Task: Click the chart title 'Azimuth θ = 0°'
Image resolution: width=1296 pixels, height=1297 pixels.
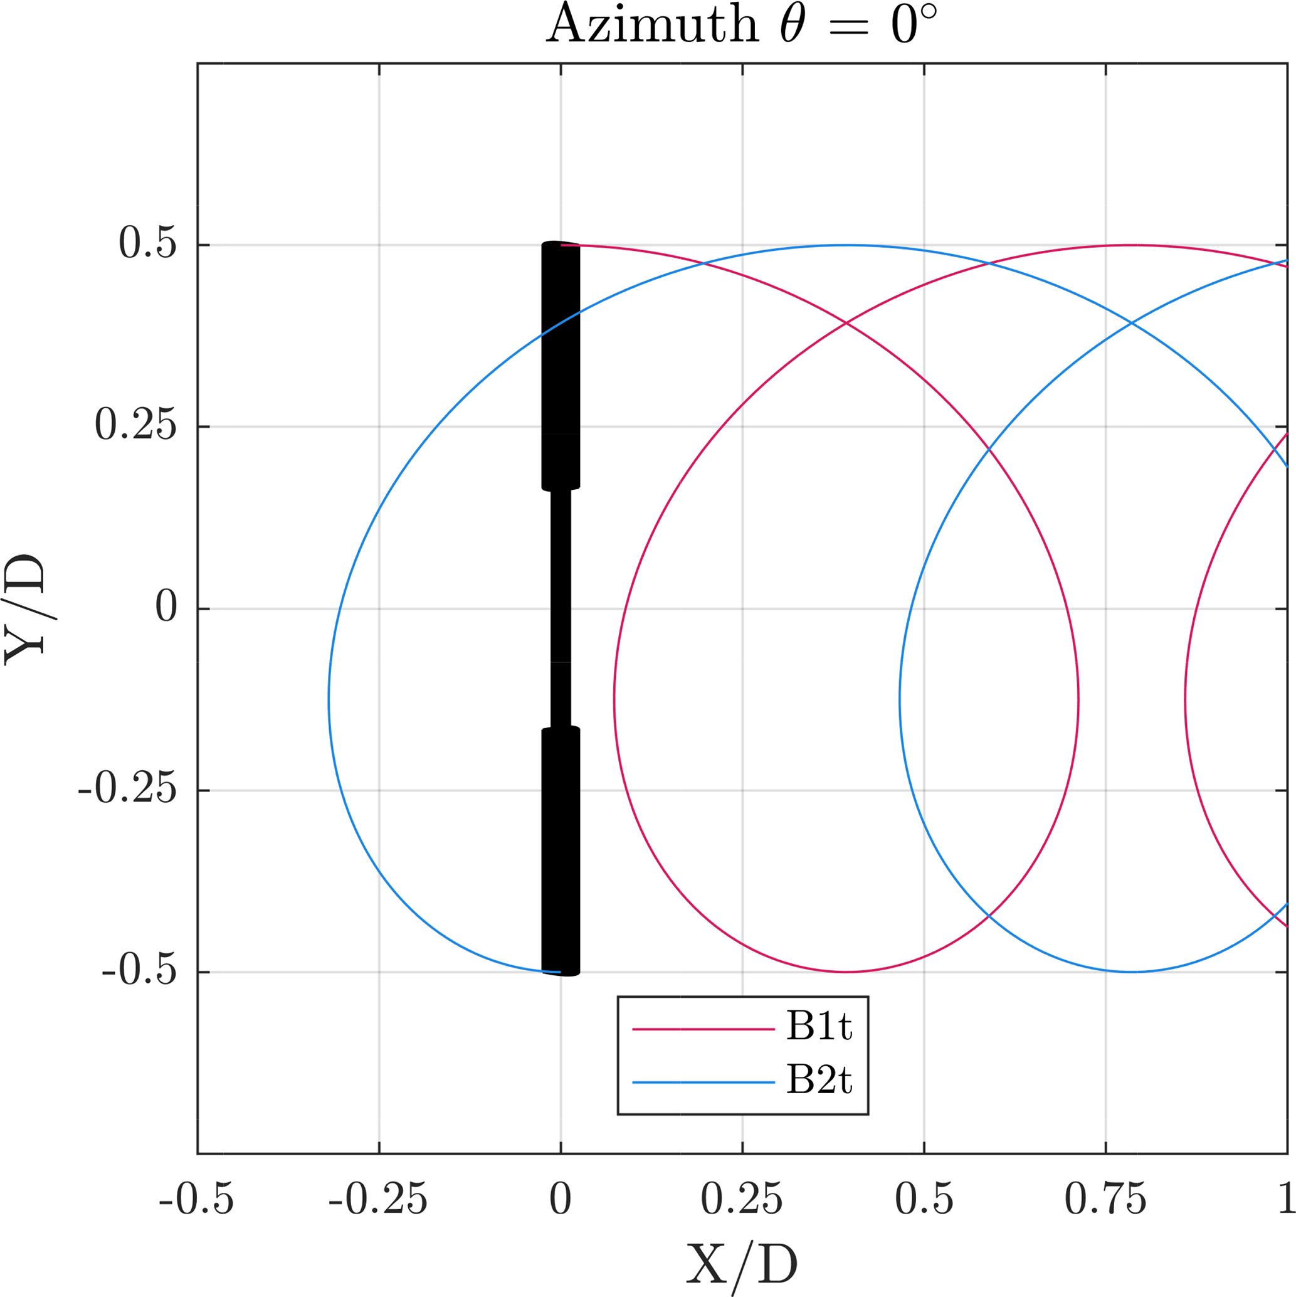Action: click(x=741, y=26)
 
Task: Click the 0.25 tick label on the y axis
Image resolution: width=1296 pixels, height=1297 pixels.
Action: click(x=135, y=426)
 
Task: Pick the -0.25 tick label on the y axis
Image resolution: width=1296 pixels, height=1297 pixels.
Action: click(x=127, y=790)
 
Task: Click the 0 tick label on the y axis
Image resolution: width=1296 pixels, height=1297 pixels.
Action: click(x=166, y=608)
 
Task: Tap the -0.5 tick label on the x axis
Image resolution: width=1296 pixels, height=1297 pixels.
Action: click(x=197, y=1199)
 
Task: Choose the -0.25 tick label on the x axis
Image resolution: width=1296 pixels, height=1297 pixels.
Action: click(x=378, y=1199)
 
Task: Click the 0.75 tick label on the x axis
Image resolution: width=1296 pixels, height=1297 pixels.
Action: click(x=1105, y=1199)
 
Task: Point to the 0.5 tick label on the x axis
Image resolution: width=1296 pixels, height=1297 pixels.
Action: click(x=924, y=1199)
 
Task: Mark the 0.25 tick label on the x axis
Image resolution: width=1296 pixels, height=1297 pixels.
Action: click(x=742, y=1199)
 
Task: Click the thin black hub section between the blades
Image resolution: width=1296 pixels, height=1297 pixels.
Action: click(x=561, y=608)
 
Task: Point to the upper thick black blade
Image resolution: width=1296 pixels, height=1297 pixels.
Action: click(x=561, y=366)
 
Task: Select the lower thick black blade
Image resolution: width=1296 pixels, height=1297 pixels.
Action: click(x=561, y=850)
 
